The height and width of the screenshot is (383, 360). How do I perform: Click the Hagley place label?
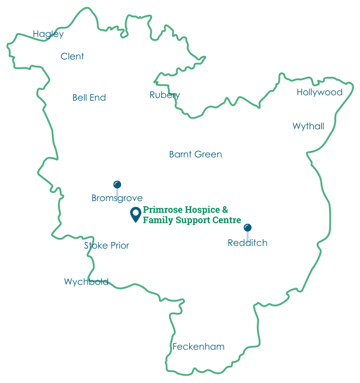[x=48, y=34]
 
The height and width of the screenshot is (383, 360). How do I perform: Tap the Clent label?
[x=72, y=56]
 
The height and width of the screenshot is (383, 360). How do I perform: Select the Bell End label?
[x=89, y=98]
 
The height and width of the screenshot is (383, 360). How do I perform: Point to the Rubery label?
[x=164, y=95]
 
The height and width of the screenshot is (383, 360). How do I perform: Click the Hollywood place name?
[x=319, y=92]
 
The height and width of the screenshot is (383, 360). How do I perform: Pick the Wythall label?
[x=308, y=126]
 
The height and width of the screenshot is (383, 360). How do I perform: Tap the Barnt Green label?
[x=196, y=154]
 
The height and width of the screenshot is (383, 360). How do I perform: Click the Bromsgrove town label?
[x=117, y=198]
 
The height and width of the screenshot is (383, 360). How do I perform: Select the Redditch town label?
[x=247, y=243]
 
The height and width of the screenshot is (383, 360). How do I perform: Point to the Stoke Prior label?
[x=107, y=246]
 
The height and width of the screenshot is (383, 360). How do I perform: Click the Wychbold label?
[x=86, y=282]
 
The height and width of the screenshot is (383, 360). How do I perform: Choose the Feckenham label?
[x=198, y=347]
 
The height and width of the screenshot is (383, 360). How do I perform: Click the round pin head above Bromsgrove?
[x=117, y=184]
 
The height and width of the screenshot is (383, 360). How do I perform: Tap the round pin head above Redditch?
[x=247, y=227]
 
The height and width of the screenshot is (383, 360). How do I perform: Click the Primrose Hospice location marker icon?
[x=135, y=214]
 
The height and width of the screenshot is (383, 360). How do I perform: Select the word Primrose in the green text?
[x=161, y=210]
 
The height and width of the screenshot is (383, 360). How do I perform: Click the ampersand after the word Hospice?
[x=225, y=209]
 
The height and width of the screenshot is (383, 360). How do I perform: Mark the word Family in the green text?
[x=155, y=220]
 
